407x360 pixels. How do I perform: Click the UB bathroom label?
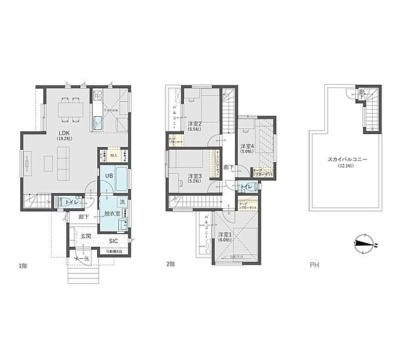tap(109, 177)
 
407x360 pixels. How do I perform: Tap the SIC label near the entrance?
tap(114, 241)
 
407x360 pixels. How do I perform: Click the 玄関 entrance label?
tap(86, 236)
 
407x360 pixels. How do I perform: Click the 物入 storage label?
tap(113, 156)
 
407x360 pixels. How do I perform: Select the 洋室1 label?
tap(226, 235)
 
